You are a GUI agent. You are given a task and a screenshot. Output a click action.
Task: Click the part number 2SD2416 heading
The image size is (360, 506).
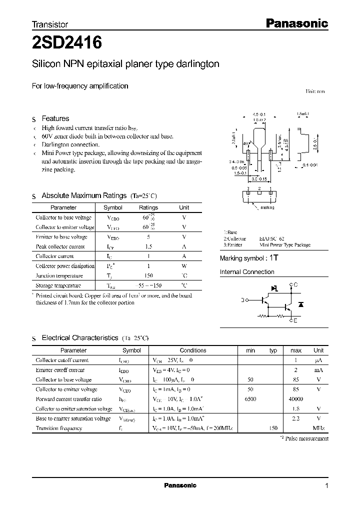coord(67,43)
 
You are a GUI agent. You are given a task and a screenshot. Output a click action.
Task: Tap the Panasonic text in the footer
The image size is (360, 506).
coord(180,485)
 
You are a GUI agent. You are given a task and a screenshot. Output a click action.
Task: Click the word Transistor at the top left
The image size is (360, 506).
coord(50,24)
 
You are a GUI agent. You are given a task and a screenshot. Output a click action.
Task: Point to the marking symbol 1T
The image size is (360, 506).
coord(273,258)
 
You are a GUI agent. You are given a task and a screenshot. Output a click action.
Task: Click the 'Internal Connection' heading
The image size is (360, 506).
coord(247,272)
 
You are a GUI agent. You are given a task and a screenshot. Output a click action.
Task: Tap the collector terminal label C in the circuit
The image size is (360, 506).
coord(295,285)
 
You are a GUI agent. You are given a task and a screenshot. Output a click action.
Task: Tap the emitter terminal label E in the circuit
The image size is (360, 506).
coord(295,320)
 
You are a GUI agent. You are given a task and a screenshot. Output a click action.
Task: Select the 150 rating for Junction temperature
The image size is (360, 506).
coord(148,275)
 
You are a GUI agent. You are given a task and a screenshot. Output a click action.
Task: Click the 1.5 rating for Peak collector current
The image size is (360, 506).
coord(148,246)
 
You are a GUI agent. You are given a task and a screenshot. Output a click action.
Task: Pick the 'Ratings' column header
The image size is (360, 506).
coord(148,207)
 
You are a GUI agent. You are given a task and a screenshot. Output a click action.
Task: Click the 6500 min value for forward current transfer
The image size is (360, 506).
coord(250,399)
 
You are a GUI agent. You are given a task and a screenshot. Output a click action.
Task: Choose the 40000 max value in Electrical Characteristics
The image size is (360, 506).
coord(295,399)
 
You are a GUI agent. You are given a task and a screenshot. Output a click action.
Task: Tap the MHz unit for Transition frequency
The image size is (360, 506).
coord(318,428)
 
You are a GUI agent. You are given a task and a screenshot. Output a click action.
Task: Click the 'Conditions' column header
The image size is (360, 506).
coord(193,350)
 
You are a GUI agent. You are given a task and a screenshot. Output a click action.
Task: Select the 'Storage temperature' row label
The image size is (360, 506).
coord(58,285)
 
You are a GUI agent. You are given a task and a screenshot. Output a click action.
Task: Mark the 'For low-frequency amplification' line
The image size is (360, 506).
coord(80,86)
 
